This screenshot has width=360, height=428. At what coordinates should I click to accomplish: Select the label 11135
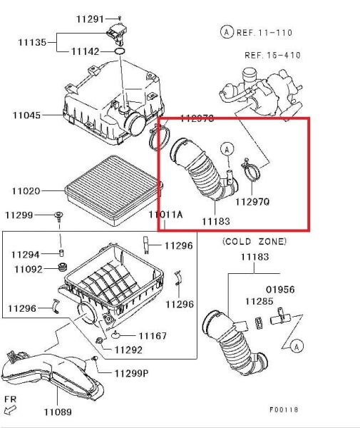coord(32,42)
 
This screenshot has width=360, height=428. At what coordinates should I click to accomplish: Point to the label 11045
coord(26,115)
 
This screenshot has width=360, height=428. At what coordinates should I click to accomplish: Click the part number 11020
coord(26,191)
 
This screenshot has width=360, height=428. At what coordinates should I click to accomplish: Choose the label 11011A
coord(166,214)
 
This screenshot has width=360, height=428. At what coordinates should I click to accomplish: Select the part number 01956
coord(280,290)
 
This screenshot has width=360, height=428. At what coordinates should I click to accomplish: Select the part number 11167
coord(153,335)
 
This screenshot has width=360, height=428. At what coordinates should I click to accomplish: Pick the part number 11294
coord(26,254)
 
